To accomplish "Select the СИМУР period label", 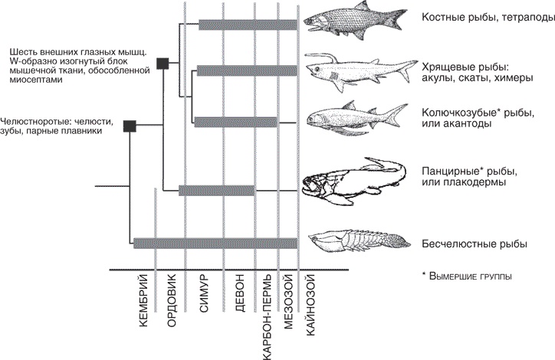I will click(202, 301).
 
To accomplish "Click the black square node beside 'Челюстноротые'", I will click(130, 125).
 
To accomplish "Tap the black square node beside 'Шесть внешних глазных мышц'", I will click(162, 64).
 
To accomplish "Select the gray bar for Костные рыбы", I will click(248, 25).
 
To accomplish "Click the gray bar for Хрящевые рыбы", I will click(248, 71).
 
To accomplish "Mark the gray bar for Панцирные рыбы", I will click(216, 190).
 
